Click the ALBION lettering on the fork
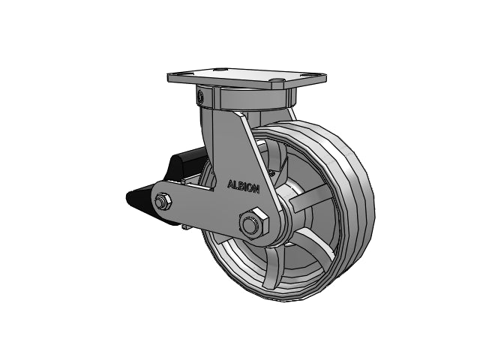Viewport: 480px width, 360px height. click(x=243, y=187)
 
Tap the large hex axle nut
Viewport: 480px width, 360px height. click(x=253, y=223)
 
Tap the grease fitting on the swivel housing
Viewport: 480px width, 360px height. click(x=200, y=95)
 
